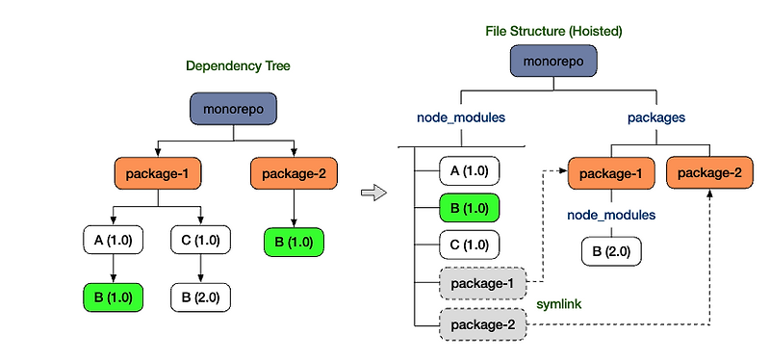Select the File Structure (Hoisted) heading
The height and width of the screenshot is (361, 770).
[553, 31]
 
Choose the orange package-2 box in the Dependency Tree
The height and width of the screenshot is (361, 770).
[295, 174]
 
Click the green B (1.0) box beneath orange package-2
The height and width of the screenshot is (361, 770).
[295, 240]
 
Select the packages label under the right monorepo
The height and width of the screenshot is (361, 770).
[655, 117]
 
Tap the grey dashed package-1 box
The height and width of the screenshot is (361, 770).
[482, 284]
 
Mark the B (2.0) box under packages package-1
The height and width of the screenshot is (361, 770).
[612, 253]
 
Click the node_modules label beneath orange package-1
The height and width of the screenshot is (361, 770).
[612, 215]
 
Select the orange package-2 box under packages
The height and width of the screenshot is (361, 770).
[709, 172]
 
